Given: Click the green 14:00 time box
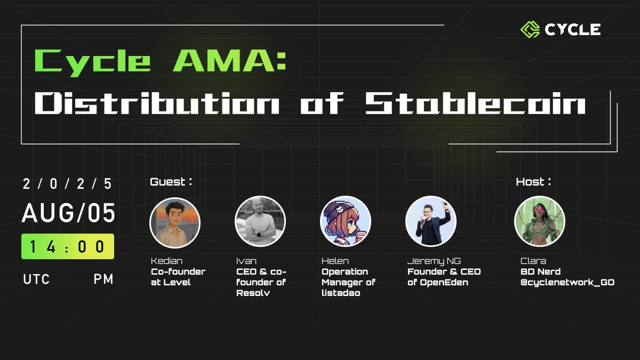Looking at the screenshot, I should point(68,246).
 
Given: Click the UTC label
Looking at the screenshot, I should point(37,279).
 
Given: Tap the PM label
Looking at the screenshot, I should point(103,279).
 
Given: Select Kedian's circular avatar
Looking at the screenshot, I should point(175,221).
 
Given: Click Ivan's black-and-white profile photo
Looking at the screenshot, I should point(260,221).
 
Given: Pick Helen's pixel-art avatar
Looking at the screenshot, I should point(346,221).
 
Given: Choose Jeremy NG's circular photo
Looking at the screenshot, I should point(431,221).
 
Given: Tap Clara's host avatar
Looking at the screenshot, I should point(539,221).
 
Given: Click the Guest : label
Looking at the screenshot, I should point(171,182).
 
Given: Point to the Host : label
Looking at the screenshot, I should point(533,182).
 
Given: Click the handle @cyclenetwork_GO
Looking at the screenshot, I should point(567,282).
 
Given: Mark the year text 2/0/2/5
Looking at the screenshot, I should point(68,184).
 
